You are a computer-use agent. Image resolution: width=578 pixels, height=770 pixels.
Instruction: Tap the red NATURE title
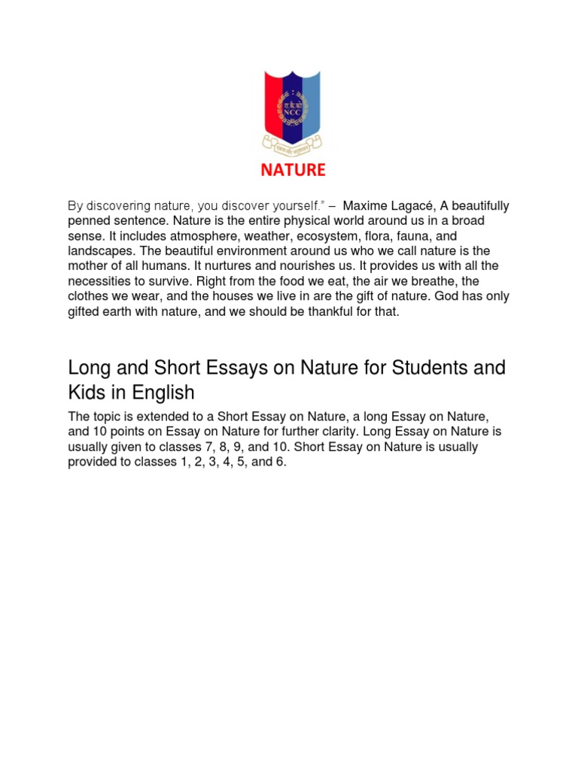click(293, 170)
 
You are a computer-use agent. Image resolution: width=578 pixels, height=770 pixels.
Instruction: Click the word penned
click(90, 221)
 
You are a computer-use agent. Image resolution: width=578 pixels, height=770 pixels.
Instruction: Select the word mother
click(88, 266)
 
